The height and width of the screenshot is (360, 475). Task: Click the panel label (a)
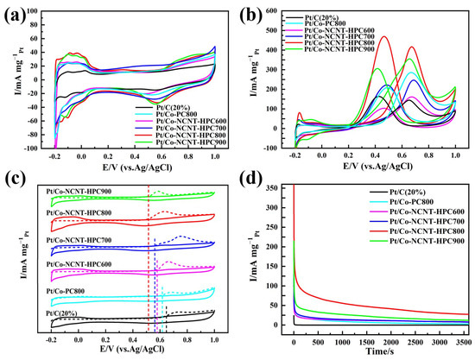pyautogui.click(x=18, y=15)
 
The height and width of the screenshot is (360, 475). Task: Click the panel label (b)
pyautogui.click(x=257, y=15)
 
